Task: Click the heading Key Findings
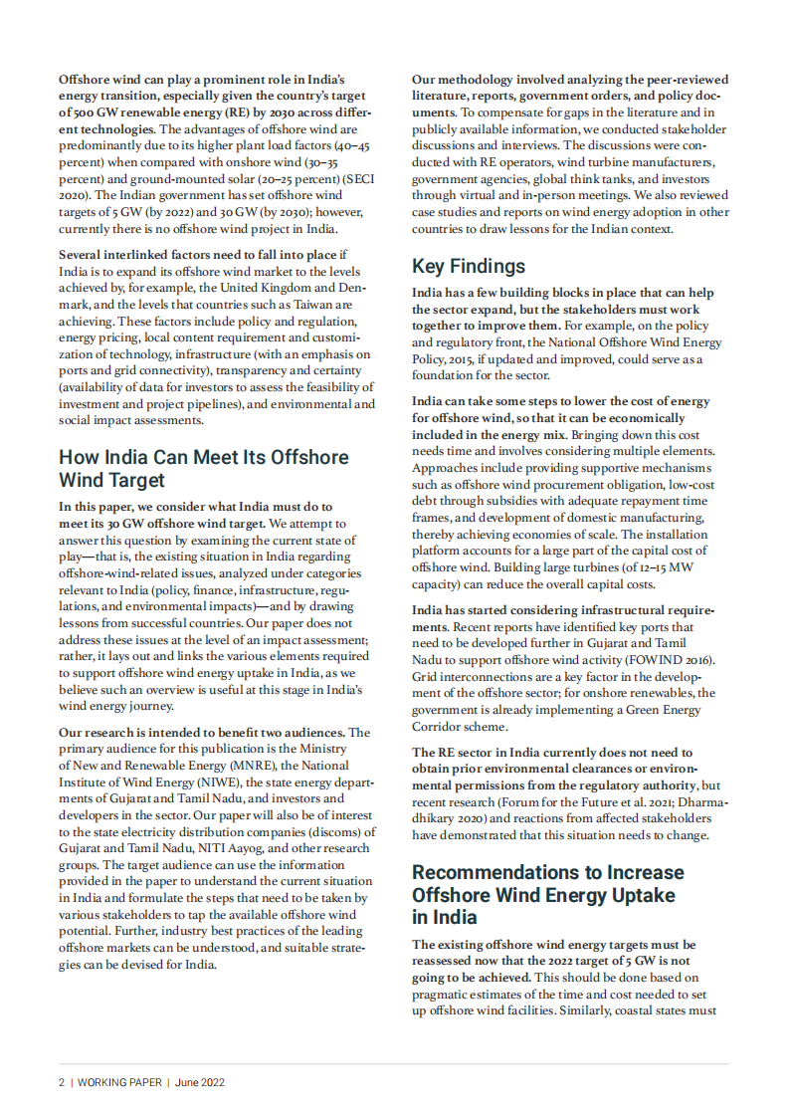coord(469,266)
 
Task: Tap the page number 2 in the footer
coord(61,1081)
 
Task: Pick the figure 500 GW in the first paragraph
coord(92,112)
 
